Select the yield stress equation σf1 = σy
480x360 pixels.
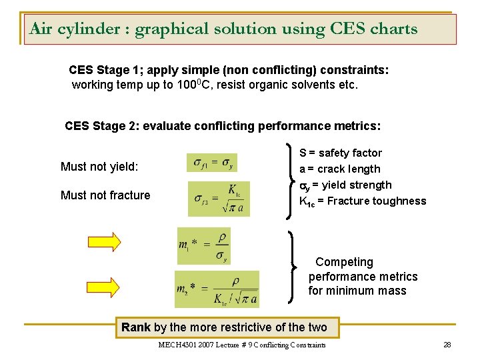(x=213, y=163)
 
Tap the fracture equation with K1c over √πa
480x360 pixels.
(x=219, y=198)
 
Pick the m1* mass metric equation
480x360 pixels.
(x=203, y=246)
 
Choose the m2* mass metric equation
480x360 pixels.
(x=217, y=289)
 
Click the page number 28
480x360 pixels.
(x=447, y=345)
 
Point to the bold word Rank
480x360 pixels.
(x=136, y=327)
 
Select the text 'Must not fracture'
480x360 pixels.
(x=105, y=195)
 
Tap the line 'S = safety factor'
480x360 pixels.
(x=341, y=153)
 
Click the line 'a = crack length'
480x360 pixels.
(x=340, y=169)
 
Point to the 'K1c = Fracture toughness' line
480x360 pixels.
(x=363, y=201)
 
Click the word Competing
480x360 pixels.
(x=344, y=262)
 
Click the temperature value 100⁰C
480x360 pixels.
(x=195, y=85)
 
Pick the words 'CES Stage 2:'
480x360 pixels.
(x=102, y=126)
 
